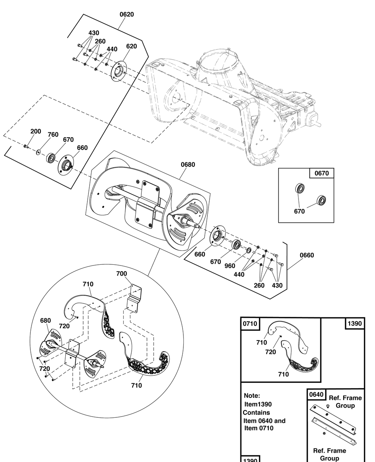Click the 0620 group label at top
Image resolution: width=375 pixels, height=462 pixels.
click(x=127, y=15)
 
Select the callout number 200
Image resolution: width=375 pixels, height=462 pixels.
click(x=36, y=131)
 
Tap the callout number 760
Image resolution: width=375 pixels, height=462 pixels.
click(x=53, y=134)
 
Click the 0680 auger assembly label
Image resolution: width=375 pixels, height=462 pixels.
click(x=187, y=164)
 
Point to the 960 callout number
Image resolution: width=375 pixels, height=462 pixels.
click(x=229, y=265)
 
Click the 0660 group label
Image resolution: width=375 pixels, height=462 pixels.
click(x=307, y=255)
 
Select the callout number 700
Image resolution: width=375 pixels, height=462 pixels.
click(x=121, y=274)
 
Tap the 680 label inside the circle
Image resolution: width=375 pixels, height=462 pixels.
click(x=45, y=321)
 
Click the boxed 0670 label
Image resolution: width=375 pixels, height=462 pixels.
click(x=321, y=173)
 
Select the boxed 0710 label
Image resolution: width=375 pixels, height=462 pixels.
click(x=250, y=323)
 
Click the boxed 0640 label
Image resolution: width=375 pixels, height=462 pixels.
click(x=316, y=394)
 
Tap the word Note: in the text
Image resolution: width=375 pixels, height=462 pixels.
click(x=252, y=396)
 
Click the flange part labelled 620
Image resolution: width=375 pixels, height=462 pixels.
click(x=119, y=70)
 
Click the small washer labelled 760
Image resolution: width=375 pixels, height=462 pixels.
click(x=39, y=152)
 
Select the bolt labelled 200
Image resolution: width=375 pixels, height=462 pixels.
click(x=25, y=146)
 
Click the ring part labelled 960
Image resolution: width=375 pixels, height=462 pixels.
click(x=249, y=250)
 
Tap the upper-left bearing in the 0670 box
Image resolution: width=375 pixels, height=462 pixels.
click(x=300, y=188)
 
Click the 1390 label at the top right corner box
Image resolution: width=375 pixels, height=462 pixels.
click(x=354, y=323)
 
